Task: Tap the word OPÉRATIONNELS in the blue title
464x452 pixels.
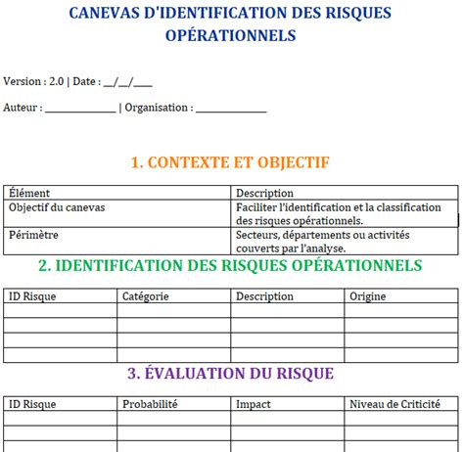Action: coord(232,35)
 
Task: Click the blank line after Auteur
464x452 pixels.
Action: coord(80,108)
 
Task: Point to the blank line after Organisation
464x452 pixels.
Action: coord(231,108)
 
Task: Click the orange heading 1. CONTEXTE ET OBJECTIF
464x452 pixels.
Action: coord(230,162)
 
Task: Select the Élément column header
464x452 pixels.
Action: coord(29,193)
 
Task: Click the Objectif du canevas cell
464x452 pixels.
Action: coord(57,207)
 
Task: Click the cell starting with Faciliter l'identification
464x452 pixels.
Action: coord(338,214)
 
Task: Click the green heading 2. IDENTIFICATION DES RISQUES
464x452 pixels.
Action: coord(230,265)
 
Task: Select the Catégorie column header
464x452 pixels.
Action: coord(145,295)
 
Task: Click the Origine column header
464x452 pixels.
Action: coord(368,295)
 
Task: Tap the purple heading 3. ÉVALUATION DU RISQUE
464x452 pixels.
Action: coord(230,373)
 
